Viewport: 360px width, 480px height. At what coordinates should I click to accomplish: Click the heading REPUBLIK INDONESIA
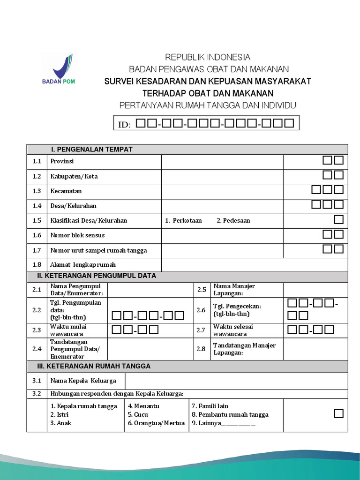208,57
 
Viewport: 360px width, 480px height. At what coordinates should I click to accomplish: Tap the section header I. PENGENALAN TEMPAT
92,150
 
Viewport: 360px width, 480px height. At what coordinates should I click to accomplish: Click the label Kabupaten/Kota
74,176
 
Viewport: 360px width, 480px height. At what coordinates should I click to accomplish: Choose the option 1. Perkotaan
183,220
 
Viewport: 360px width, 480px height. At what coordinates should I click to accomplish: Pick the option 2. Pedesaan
233,220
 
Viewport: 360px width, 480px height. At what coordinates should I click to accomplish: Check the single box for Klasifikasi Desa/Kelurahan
338,220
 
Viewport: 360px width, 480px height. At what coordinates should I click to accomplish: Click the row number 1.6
37,235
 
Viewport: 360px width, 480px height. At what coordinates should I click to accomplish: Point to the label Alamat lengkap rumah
83,265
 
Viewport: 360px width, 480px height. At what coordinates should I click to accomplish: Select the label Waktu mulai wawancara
68,330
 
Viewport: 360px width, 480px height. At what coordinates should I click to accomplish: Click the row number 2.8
201,349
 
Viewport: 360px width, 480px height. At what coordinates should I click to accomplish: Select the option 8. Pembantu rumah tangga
230,414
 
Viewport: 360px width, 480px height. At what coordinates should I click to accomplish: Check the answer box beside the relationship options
338,413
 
